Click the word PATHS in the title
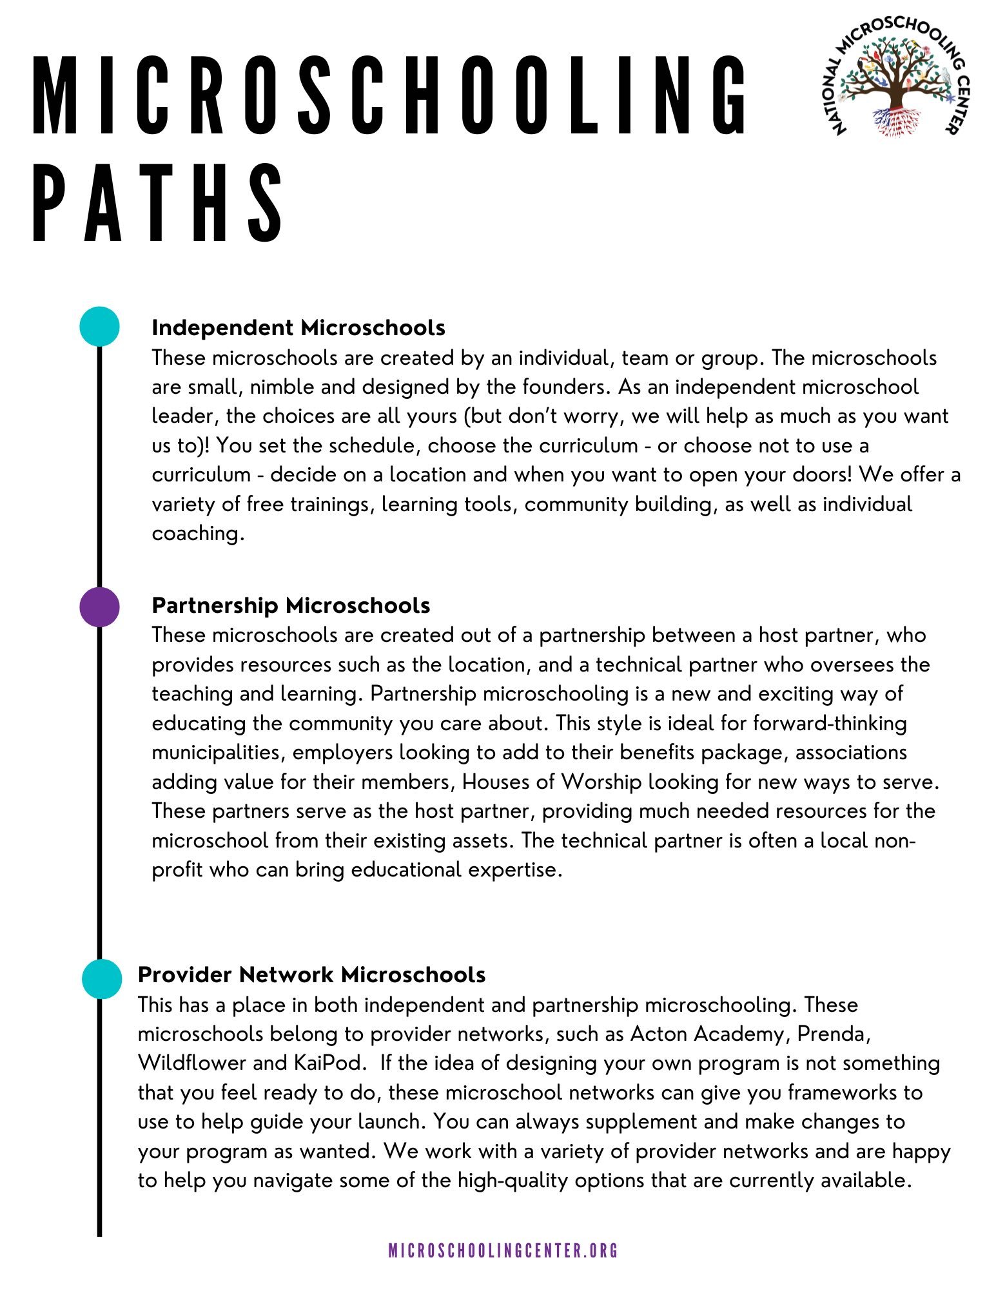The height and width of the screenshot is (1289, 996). [158, 202]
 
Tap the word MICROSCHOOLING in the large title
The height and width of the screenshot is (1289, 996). [389, 95]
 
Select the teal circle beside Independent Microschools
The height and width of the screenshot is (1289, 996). [99, 326]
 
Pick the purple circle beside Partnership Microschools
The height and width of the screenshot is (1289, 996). [99, 606]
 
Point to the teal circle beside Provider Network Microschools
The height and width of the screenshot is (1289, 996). [102, 978]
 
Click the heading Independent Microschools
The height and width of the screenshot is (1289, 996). [298, 327]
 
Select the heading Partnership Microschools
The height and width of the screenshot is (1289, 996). [291, 605]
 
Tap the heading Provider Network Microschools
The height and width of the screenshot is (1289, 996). [311, 974]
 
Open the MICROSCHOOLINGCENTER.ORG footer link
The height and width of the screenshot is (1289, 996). [503, 1251]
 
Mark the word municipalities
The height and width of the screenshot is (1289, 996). [216, 753]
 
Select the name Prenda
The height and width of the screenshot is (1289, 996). [834, 1034]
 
